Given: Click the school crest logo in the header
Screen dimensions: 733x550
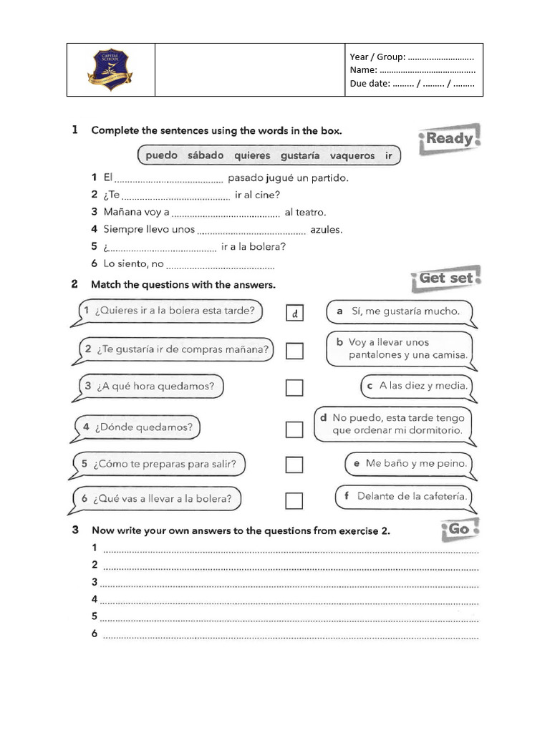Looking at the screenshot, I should click(x=110, y=69).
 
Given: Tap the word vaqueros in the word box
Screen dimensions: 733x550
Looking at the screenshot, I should click(x=352, y=155).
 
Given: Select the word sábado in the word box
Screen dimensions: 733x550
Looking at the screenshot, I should click(x=206, y=155).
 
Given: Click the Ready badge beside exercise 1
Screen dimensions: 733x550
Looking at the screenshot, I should click(x=448, y=138).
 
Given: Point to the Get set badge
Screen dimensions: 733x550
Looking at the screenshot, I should click(x=445, y=278).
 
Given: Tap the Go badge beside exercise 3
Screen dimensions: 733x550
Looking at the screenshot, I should click(x=458, y=529).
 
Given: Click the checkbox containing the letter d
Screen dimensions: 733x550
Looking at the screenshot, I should click(x=294, y=313).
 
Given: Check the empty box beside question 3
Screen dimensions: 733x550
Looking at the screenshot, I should click(x=294, y=387).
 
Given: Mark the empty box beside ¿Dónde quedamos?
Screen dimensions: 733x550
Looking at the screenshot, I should click(x=294, y=429).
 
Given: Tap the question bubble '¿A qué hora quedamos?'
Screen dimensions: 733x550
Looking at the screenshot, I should click(x=150, y=387).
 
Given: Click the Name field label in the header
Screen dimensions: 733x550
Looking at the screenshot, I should click(x=363, y=70).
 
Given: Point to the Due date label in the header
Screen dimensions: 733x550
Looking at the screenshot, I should click(x=370, y=84).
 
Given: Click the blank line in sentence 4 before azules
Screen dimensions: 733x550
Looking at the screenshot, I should click(x=251, y=231).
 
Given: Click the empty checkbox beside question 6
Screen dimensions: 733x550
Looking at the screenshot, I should click(x=294, y=500).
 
